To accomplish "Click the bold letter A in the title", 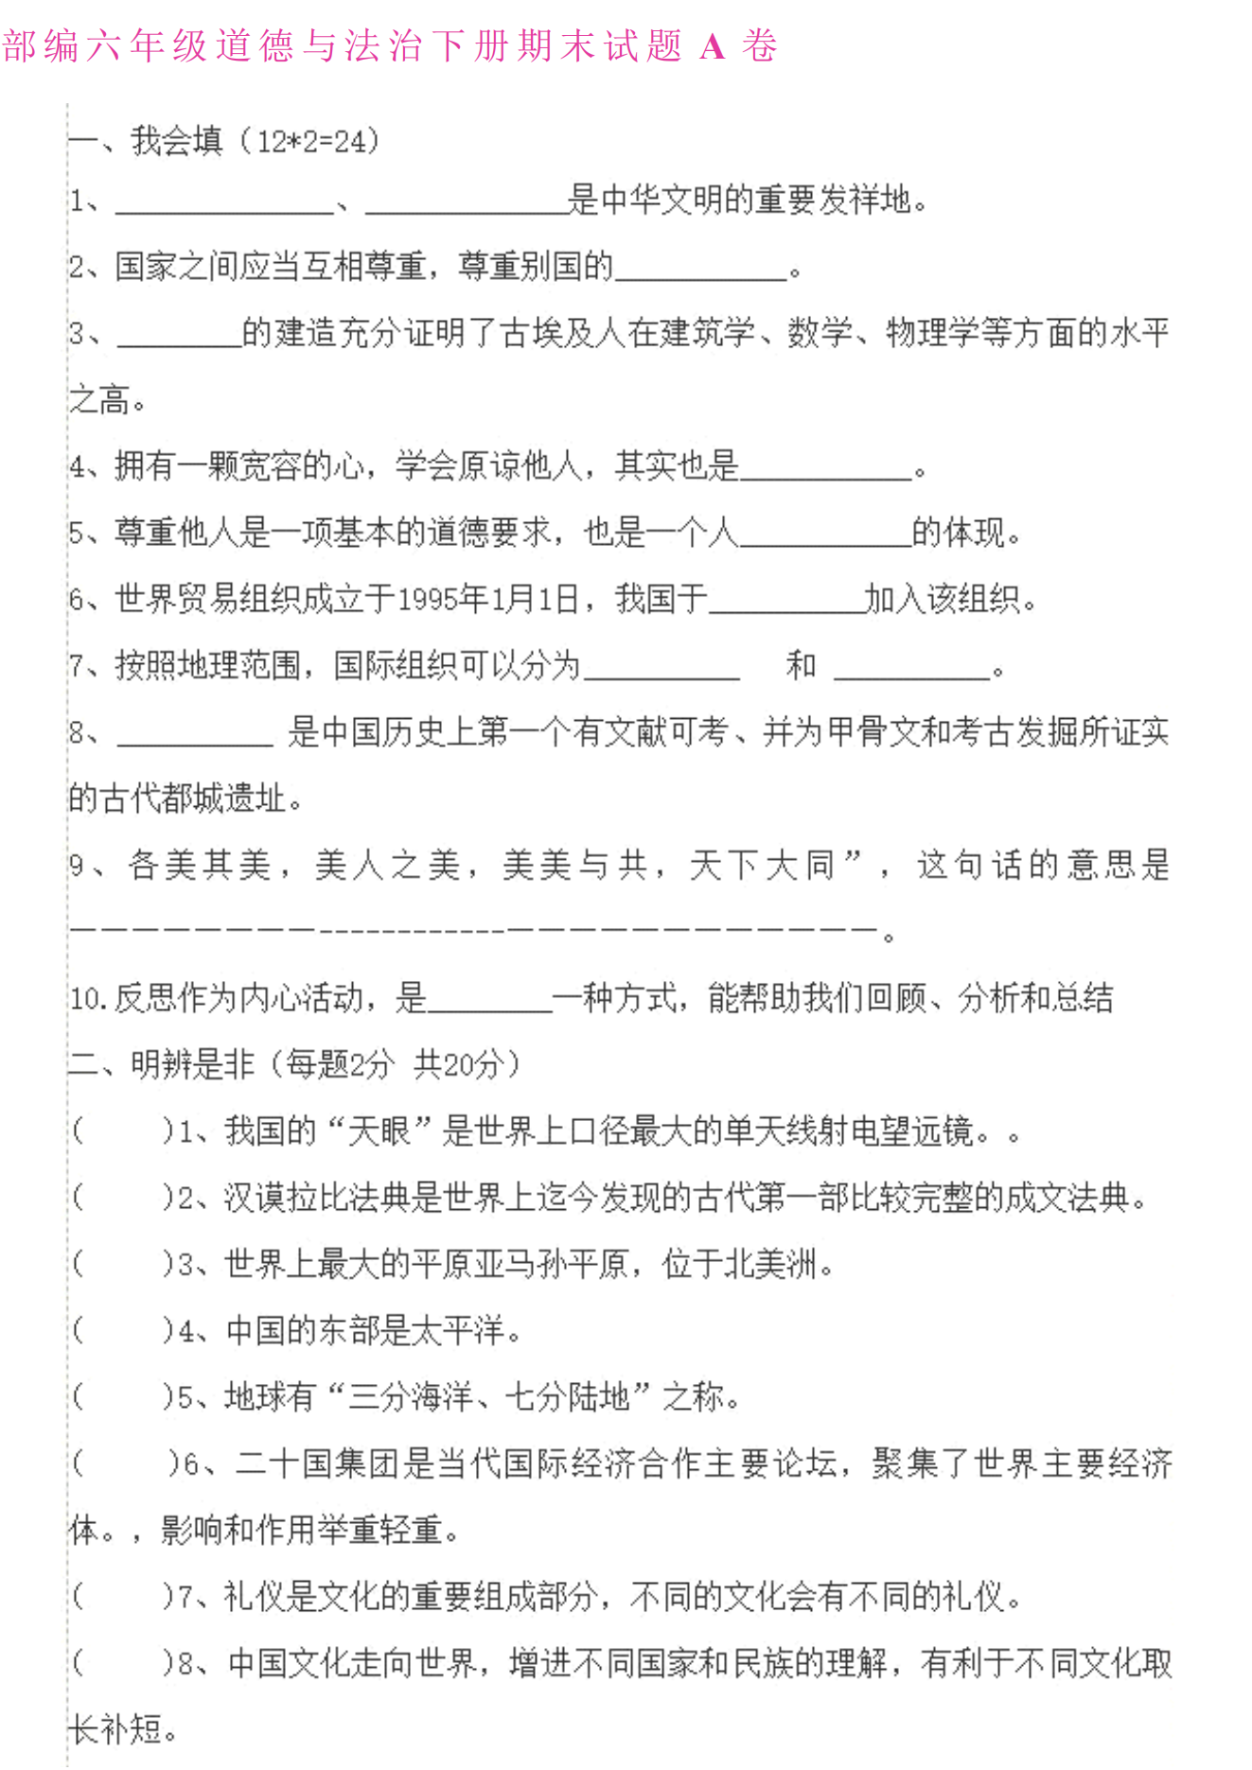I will click(712, 46).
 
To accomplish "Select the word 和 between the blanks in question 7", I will click(801, 665).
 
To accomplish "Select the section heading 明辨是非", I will click(193, 1064).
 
